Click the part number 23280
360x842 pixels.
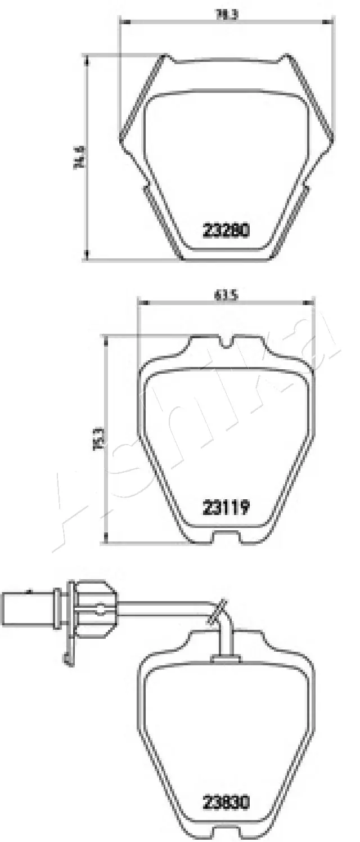point(226,231)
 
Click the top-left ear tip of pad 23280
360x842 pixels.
point(165,56)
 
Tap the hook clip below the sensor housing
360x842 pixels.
point(67,659)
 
